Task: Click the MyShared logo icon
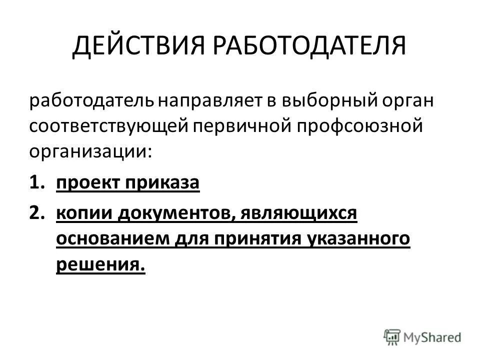tap(392, 336)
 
